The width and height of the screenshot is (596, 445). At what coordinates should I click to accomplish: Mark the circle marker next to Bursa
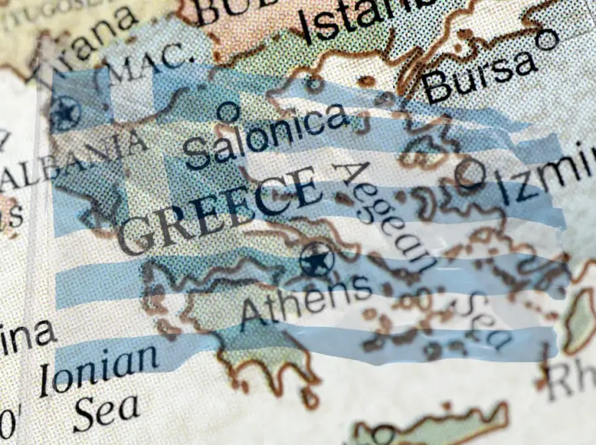(547, 40)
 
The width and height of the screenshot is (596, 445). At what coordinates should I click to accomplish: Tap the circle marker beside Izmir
(469, 173)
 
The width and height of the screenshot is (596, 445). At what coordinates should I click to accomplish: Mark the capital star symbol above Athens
(317, 259)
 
